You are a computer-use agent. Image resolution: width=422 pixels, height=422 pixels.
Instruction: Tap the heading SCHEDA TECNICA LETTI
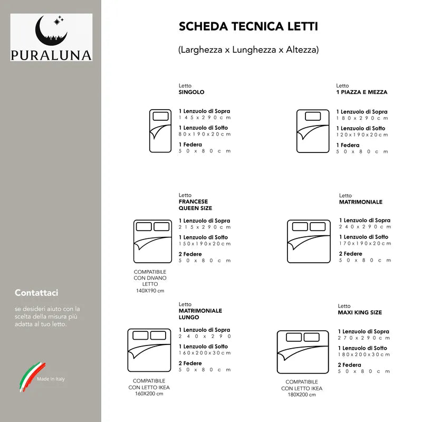point(248,26)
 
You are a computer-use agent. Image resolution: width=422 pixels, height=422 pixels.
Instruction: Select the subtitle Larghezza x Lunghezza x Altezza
point(248,50)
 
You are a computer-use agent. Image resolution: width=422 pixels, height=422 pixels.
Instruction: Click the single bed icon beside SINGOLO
point(160,131)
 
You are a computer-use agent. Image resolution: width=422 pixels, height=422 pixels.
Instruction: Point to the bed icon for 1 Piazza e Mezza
point(312,131)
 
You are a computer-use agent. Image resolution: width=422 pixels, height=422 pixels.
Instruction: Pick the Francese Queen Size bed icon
point(152,241)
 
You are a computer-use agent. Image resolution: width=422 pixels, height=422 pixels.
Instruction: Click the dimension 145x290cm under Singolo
point(205,118)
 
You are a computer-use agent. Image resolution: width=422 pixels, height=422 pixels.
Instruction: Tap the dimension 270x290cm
point(363,338)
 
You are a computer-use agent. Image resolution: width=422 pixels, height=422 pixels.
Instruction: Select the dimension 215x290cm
point(205,227)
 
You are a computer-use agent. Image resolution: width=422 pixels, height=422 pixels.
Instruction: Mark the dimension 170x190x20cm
point(365,243)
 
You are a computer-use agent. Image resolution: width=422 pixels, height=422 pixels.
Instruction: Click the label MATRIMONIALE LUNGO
point(200,314)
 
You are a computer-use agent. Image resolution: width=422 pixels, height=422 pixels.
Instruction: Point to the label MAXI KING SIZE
point(360,312)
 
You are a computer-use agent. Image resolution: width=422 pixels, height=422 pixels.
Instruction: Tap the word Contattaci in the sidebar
point(36,292)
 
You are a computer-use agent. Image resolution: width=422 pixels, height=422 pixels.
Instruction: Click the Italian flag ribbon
point(28,377)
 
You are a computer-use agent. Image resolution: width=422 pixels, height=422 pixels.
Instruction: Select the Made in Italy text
point(51,379)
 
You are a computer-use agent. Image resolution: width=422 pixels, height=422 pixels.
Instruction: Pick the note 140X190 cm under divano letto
point(150,291)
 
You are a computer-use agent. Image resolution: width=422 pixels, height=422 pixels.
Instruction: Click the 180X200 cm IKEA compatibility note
point(302,395)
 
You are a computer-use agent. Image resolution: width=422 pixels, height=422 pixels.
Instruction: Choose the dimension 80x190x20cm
point(205,134)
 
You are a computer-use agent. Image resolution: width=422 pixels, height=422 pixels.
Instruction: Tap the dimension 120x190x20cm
point(362,135)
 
